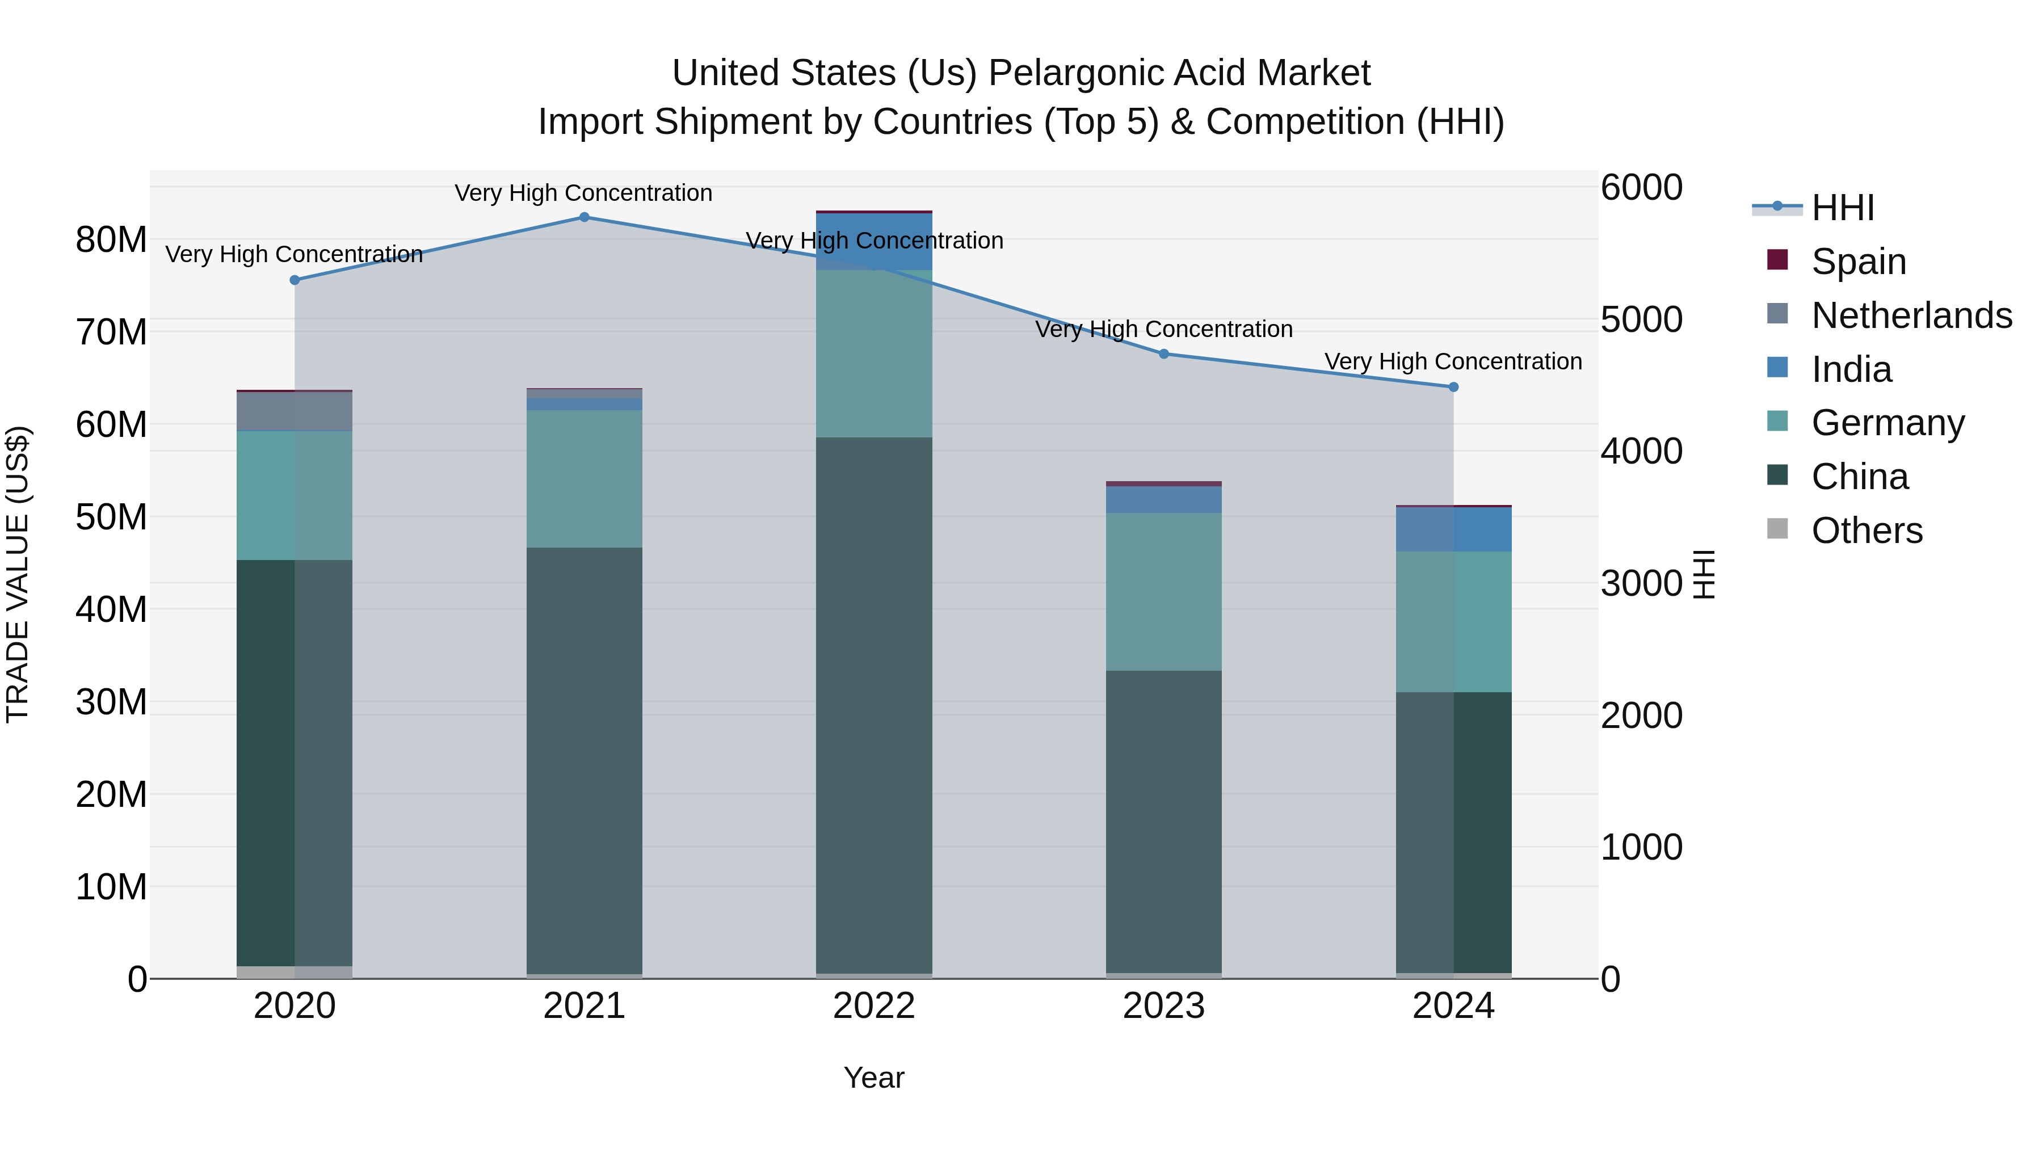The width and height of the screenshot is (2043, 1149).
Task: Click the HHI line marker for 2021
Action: [x=584, y=217]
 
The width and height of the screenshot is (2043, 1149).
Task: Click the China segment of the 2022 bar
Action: [x=874, y=706]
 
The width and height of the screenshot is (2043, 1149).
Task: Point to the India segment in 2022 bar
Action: [x=874, y=242]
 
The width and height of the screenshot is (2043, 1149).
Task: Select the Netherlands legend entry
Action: [x=1911, y=315]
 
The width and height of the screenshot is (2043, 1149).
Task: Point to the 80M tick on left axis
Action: [x=111, y=239]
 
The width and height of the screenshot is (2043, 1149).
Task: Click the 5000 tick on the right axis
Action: [x=1641, y=319]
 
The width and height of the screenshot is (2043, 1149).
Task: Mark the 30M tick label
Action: [x=111, y=702]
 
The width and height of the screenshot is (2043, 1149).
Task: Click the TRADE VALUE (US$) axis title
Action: [x=18, y=574]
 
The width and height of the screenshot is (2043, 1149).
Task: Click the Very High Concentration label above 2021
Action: [x=584, y=193]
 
